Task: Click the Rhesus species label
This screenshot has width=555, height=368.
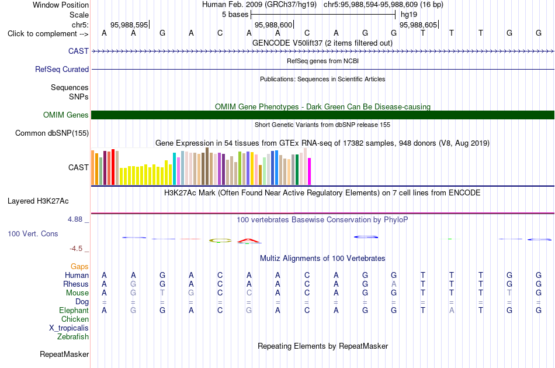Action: coord(76,284)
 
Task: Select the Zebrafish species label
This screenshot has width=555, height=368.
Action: coord(73,337)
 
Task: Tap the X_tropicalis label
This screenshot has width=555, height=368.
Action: coord(69,328)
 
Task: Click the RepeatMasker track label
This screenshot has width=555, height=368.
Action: coord(64,354)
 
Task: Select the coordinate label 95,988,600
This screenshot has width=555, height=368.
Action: coord(273,25)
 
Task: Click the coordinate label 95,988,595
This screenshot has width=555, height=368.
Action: coord(129,25)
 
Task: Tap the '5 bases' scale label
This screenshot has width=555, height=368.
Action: coord(235,15)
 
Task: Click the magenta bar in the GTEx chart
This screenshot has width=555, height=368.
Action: coord(310,171)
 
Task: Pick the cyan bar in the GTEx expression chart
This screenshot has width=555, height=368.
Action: coord(174,168)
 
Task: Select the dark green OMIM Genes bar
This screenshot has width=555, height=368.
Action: coord(323,115)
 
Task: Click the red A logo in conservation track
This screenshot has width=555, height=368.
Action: coord(248,240)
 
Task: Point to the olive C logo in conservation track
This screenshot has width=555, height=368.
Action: coord(220,240)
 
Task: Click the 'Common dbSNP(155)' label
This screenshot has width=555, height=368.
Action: coord(52,133)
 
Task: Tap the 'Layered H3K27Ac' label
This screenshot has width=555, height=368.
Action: coord(38,201)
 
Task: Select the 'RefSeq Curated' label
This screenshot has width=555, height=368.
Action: coord(62,69)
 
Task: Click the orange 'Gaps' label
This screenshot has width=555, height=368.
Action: coord(79,267)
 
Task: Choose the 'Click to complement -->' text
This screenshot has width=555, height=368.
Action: coord(48,34)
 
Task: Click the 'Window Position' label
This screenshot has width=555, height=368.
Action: coord(61,5)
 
